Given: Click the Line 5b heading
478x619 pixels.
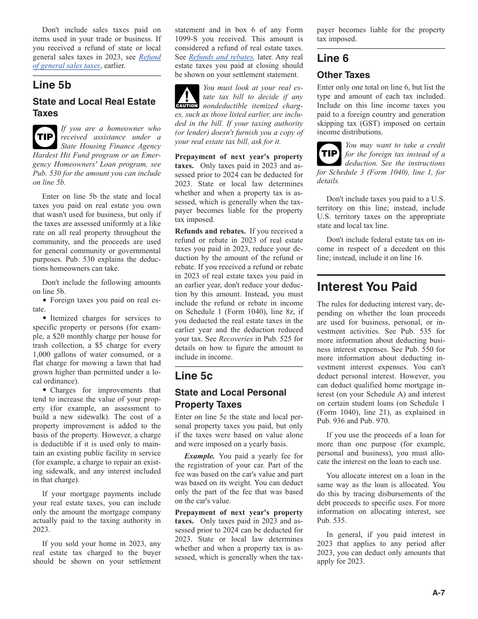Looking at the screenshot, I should click(52, 85).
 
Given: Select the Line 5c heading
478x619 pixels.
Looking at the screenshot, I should click(194, 375).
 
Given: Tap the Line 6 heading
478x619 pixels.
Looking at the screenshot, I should click(333, 58).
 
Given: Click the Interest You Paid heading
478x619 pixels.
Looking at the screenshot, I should click(367, 287).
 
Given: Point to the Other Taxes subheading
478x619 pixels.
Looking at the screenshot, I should click(343, 75).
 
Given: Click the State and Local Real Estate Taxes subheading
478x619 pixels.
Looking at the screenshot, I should click(94, 107).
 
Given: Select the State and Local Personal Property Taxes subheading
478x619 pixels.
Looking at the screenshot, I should click(230, 399).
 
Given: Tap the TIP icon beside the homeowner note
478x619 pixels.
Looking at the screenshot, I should click(45, 137).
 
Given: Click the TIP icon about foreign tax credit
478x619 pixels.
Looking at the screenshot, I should click(329, 153).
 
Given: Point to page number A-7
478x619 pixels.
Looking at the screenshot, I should click(439, 592).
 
